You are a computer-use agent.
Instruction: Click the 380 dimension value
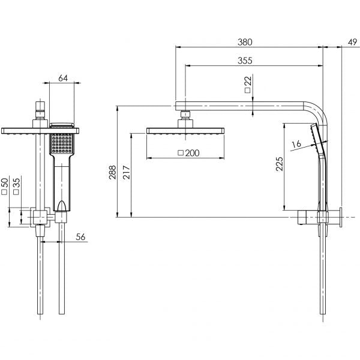(244, 43)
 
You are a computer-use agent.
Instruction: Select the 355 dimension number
(244, 60)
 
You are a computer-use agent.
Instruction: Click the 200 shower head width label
(192, 153)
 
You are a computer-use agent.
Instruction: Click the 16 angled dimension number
(294, 145)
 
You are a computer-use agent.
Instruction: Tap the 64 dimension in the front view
(62, 77)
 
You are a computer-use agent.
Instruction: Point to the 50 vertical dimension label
(5, 182)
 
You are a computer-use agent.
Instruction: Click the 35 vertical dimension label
(17, 182)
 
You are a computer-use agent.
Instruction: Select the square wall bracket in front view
(40, 217)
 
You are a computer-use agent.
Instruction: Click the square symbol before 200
(181, 154)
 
